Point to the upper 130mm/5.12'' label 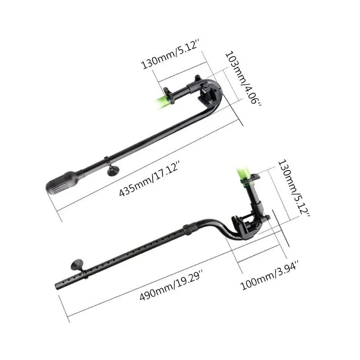coord(173,58)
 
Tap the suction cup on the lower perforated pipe coord(73,266)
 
